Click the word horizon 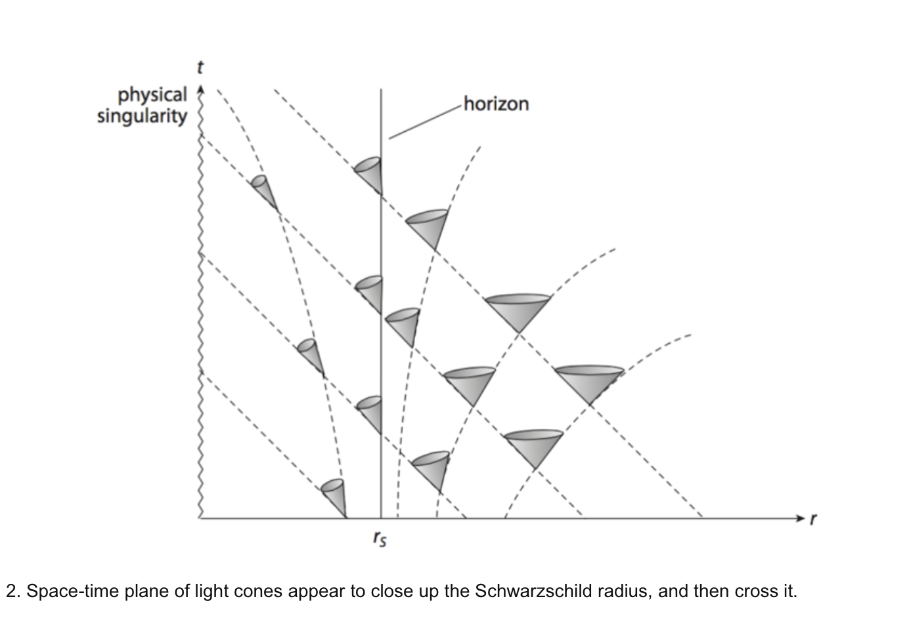497,104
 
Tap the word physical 152,96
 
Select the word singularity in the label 142,117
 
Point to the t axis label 200,68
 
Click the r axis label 813,518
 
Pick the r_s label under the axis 380,539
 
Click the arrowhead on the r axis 799,518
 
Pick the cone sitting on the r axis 335,497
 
